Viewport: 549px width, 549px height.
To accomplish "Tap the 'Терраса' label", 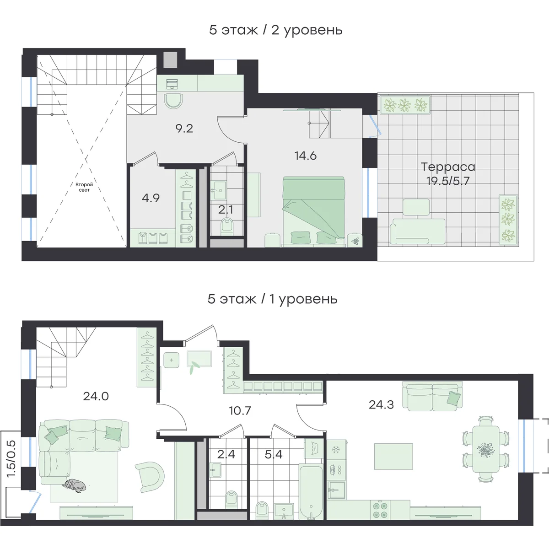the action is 448,167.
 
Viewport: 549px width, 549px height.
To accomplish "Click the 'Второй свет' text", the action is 84,187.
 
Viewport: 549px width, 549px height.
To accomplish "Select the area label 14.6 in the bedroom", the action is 306,156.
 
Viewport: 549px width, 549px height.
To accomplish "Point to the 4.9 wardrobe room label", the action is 151,198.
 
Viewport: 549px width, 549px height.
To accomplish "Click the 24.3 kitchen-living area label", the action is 381,404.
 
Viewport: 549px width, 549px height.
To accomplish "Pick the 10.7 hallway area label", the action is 240,410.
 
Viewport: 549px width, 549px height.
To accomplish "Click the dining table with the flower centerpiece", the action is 486,449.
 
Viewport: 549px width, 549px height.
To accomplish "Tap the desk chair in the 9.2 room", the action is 173,101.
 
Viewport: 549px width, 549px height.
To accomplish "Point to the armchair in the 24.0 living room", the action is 150,477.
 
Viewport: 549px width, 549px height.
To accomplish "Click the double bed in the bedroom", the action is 314,210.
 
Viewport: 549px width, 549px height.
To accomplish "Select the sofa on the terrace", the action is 417,231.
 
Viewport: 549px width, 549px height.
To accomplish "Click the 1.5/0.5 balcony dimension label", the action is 12,459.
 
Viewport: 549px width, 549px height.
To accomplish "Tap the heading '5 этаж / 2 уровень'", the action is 275,30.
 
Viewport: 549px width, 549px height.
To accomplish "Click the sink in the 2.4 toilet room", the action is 215,469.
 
